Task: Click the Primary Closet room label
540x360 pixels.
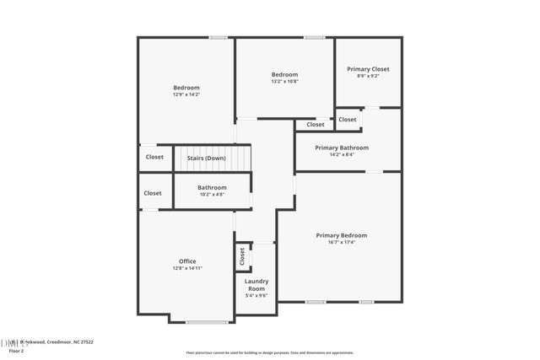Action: point(368,69)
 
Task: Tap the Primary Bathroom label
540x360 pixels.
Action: point(341,148)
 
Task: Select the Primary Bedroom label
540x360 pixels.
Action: point(341,235)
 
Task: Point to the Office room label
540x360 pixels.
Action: point(187,261)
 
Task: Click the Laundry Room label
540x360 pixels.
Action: point(256,285)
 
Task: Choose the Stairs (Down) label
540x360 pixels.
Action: point(206,158)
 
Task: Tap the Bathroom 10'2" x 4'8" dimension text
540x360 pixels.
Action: point(212,195)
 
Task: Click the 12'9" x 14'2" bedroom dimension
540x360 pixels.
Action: point(186,94)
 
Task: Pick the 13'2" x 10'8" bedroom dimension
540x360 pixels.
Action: point(284,81)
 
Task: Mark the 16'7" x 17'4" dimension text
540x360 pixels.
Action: point(341,242)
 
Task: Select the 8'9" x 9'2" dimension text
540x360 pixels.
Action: point(368,76)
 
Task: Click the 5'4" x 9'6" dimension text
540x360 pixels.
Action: point(256,296)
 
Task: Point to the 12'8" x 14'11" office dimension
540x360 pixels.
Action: point(187,268)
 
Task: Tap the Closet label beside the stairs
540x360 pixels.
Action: point(154,157)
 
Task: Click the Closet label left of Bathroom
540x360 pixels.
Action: point(153,193)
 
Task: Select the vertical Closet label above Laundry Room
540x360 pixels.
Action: point(242,255)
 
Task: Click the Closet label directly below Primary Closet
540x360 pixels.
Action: point(348,120)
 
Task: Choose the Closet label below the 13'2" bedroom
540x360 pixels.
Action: point(315,125)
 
